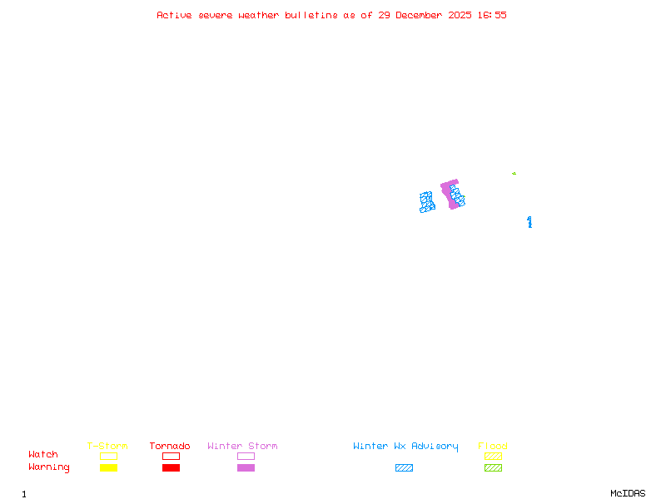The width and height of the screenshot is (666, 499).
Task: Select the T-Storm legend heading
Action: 107,447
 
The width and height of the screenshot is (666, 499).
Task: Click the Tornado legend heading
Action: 170,447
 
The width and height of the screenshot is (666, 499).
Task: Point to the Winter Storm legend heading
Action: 242,447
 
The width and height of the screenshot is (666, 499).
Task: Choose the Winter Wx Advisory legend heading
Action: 405,447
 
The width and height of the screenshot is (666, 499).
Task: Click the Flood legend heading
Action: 493,447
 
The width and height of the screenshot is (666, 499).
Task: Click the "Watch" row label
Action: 43,455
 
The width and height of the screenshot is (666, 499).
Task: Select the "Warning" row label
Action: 48,467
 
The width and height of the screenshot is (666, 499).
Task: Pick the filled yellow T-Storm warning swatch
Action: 108,468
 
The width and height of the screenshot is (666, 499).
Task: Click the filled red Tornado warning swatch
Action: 171,468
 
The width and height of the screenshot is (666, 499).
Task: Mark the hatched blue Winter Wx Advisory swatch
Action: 404,468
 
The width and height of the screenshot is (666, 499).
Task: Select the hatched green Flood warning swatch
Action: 493,468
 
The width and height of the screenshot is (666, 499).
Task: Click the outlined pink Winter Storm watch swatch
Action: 246,456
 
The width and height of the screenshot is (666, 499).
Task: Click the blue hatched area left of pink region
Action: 427,202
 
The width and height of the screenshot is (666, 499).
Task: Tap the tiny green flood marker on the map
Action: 514,173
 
